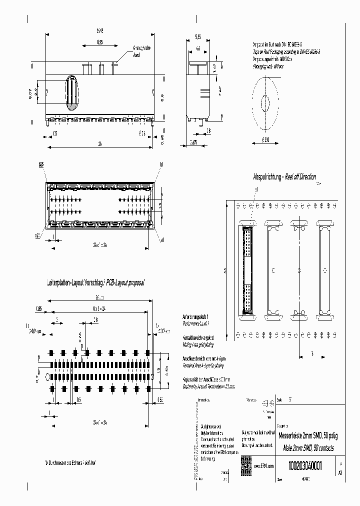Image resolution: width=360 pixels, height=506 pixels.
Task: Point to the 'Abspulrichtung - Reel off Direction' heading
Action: click(x=284, y=177)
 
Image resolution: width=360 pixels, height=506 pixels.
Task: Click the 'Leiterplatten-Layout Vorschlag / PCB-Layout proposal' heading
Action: click(x=95, y=283)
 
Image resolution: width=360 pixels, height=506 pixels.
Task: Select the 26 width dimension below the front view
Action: click(x=99, y=144)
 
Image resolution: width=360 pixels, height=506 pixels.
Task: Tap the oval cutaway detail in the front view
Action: click(x=72, y=93)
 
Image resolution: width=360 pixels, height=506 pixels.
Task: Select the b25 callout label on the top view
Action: click(x=41, y=163)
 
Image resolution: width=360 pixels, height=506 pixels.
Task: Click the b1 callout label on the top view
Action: click(x=161, y=163)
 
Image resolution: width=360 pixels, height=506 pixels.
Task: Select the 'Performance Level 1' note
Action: click(x=196, y=322)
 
